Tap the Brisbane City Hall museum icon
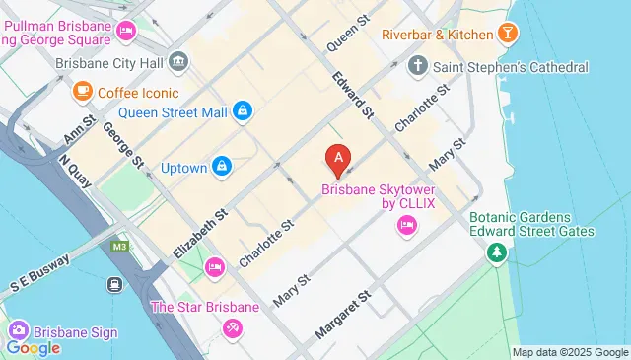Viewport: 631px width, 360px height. (178, 61)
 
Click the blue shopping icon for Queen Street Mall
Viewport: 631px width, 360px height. (242, 111)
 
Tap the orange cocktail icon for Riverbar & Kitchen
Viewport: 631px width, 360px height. (508, 35)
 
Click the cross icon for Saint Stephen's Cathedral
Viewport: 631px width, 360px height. (418, 67)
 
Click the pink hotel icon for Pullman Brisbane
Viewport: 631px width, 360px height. (125, 32)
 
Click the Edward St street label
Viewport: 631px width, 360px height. (352, 95)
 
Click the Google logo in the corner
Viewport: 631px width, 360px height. (33, 347)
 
